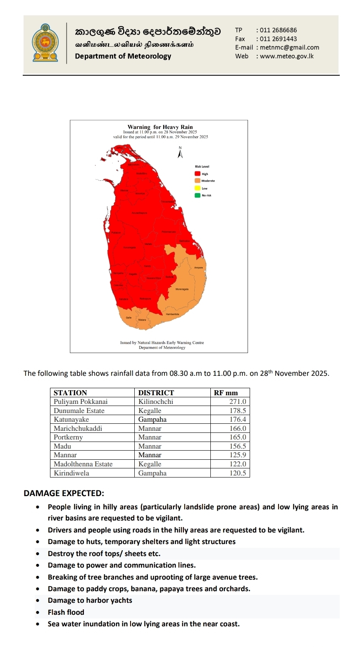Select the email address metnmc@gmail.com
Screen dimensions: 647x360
(x=289, y=48)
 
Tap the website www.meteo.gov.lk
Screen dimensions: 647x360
(x=286, y=56)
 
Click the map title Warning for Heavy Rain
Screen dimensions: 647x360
(x=160, y=127)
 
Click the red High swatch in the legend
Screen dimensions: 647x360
(x=198, y=174)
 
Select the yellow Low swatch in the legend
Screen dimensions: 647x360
(x=198, y=188)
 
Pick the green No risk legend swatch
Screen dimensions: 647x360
(x=198, y=195)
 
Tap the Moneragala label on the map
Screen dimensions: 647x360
(x=182, y=289)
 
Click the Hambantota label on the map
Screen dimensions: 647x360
(x=172, y=314)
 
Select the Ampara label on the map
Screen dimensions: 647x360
(x=198, y=268)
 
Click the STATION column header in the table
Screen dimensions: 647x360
(x=70, y=393)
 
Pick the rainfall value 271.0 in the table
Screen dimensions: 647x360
(x=238, y=402)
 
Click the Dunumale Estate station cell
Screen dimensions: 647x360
(x=79, y=411)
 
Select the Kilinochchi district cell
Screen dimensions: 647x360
(x=155, y=402)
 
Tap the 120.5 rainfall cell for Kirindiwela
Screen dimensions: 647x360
(x=238, y=473)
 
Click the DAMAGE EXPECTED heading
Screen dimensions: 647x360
(x=64, y=494)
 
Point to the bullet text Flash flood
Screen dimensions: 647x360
(x=66, y=612)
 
